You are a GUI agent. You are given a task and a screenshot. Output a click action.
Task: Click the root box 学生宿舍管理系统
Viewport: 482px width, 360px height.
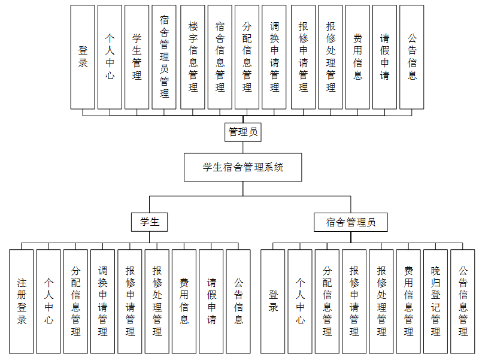[243, 167]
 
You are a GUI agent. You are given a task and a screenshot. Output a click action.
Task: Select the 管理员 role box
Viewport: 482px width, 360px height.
[243, 132]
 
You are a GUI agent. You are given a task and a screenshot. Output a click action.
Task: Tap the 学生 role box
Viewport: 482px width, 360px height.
[150, 222]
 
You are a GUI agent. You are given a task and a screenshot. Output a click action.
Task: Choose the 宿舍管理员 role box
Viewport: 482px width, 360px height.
[351, 222]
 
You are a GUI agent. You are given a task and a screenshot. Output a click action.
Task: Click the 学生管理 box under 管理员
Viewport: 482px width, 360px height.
[137, 57]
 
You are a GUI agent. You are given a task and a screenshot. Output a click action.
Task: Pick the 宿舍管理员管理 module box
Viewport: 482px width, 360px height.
[164, 57]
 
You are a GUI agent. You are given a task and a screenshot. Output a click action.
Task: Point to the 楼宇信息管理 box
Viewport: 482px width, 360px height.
[193, 57]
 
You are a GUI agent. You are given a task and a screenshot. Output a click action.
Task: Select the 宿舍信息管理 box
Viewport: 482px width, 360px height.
[220, 57]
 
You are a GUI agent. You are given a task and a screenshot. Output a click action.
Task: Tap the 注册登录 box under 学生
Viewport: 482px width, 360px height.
[22, 301]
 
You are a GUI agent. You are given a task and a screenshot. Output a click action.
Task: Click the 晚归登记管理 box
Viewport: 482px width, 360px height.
[435, 301]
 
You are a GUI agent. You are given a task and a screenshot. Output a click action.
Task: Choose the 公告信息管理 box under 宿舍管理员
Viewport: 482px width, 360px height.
[463, 301]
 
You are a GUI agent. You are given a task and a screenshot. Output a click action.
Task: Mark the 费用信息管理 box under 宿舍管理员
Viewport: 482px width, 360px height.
[408, 301]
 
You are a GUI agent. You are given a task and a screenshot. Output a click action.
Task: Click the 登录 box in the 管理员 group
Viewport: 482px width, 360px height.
[83, 57]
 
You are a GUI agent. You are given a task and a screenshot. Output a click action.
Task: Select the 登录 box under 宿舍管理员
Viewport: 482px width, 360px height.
[273, 301]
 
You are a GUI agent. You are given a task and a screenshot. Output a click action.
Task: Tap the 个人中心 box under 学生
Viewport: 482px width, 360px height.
[48, 301]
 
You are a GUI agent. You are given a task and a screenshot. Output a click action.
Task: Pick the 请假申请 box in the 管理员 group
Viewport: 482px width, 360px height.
[385, 57]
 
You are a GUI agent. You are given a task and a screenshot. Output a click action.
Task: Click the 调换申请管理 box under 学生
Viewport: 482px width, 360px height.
[102, 301]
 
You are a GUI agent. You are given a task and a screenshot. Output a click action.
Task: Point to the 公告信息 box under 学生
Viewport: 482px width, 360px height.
[238, 301]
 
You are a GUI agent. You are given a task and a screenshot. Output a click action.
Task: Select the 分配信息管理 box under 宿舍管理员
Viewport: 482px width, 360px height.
[327, 301]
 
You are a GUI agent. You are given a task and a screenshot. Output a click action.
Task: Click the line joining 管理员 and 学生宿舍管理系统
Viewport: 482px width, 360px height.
[243, 147]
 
